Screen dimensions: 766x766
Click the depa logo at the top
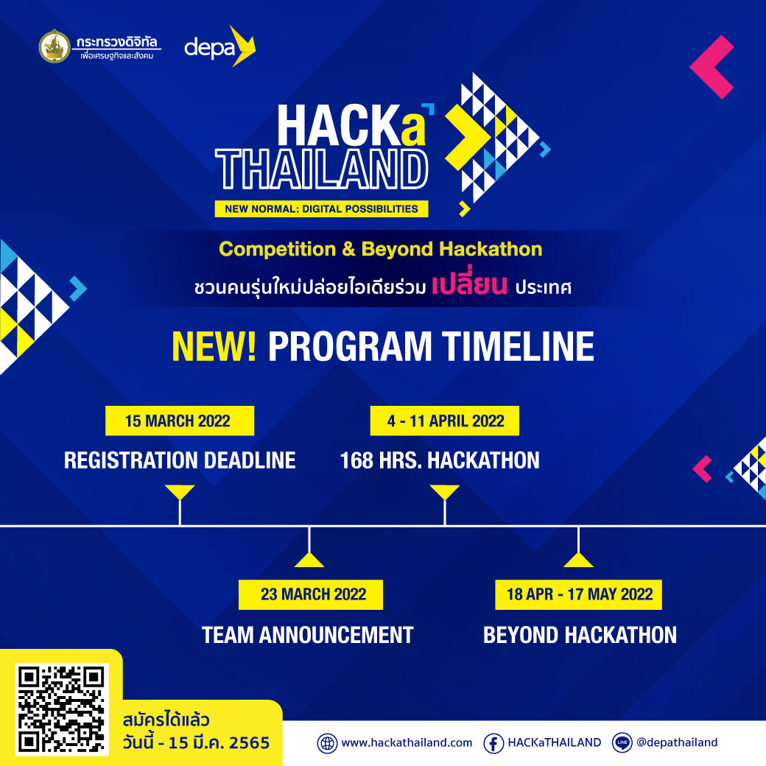click(219, 46)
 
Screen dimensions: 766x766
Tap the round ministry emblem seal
click(55, 46)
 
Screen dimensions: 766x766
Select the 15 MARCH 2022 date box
click(179, 421)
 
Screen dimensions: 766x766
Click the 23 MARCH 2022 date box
click(310, 594)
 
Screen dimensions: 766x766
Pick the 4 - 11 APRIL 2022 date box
click(445, 421)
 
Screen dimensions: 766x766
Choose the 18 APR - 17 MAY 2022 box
click(578, 594)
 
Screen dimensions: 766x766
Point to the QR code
click(62, 709)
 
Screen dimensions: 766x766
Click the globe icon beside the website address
click(327, 743)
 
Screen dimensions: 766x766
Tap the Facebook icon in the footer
click(493, 743)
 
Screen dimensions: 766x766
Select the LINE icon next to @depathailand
click(622, 742)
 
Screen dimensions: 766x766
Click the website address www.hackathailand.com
click(407, 742)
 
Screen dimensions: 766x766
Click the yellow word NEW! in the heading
click(214, 346)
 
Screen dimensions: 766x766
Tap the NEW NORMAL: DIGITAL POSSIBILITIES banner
click(321, 208)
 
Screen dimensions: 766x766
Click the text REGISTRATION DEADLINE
click(180, 460)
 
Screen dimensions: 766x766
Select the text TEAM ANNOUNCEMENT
click(308, 635)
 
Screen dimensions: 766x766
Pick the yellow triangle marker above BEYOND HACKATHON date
click(578, 560)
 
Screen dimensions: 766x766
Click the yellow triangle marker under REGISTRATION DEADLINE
click(180, 491)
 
